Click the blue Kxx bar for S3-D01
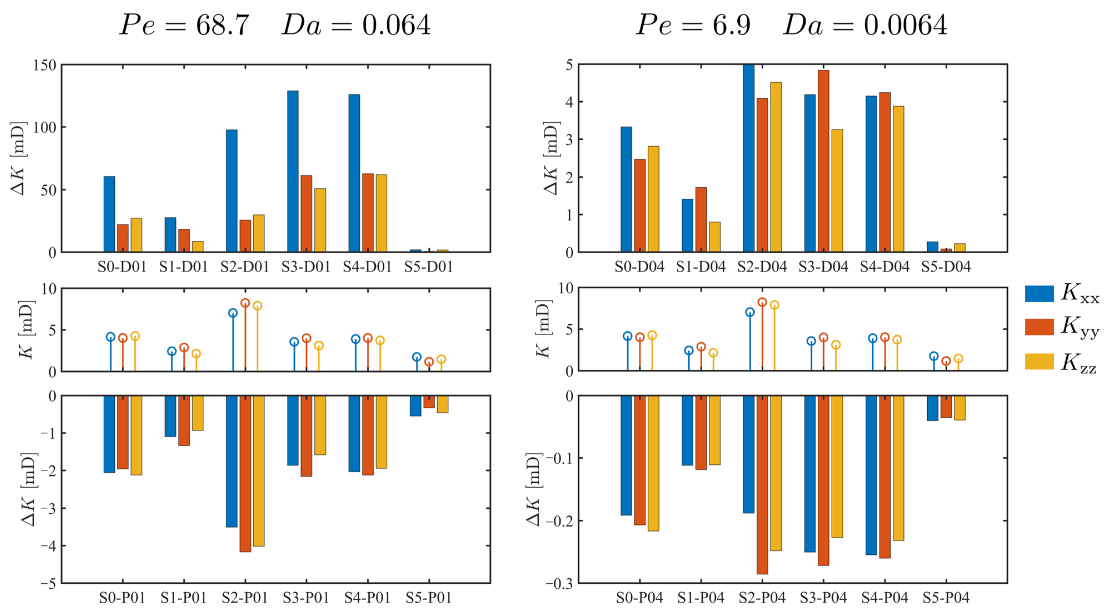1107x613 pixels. pyautogui.click(x=293, y=171)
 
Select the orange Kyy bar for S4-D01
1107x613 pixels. pyautogui.click(x=368, y=213)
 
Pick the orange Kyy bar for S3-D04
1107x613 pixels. pyautogui.click(x=823, y=161)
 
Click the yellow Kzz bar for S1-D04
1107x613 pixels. pyautogui.click(x=715, y=237)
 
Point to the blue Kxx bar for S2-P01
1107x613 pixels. pyautogui.click(x=231, y=461)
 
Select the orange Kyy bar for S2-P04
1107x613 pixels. pyautogui.click(x=762, y=484)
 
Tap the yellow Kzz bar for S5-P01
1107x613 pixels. pyautogui.click(x=443, y=404)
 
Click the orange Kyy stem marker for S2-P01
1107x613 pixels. pyautogui.click(x=245, y=303)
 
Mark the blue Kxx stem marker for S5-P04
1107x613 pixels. pyautogui.click(x=934, y=356)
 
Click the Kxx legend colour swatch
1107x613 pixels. pyautogui.click(x=1039, y=294)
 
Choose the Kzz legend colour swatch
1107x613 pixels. pyautogui.click(x=1039, y=361)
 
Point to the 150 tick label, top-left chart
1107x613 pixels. pyautogui.click(x=45, y=65)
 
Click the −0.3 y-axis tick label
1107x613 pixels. pyautogui.click(x=559, y=584)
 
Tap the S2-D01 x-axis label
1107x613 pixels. pyautogui.click(x=245, y=267)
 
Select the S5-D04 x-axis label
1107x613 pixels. pyautogui.click(x=946, y=267)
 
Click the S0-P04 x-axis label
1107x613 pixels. pyautogui.click(x=639, y=598)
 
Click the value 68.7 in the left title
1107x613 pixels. pyautogui.click(x=223, y=25)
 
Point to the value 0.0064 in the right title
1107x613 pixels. pyautogui.click(x=906, y=25)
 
